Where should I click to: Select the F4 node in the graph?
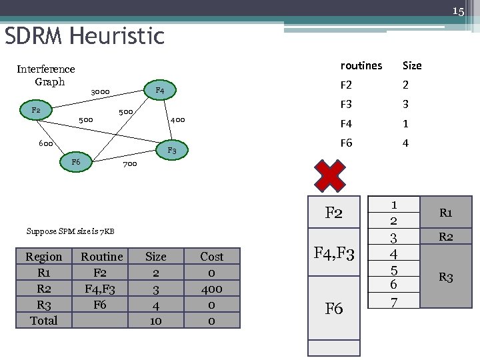159,90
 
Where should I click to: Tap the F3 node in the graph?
171,151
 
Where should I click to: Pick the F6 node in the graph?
76,162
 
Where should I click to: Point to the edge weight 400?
177,120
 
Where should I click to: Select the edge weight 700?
129,163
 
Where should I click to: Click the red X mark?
330,175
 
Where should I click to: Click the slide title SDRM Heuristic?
85,35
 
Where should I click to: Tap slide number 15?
458,11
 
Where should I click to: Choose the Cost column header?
211,257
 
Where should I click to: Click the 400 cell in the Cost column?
211,289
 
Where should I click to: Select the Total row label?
43,321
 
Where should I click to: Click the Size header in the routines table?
412,65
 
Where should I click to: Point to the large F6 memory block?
333,309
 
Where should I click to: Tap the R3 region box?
445,277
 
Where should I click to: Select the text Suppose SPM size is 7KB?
70,231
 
